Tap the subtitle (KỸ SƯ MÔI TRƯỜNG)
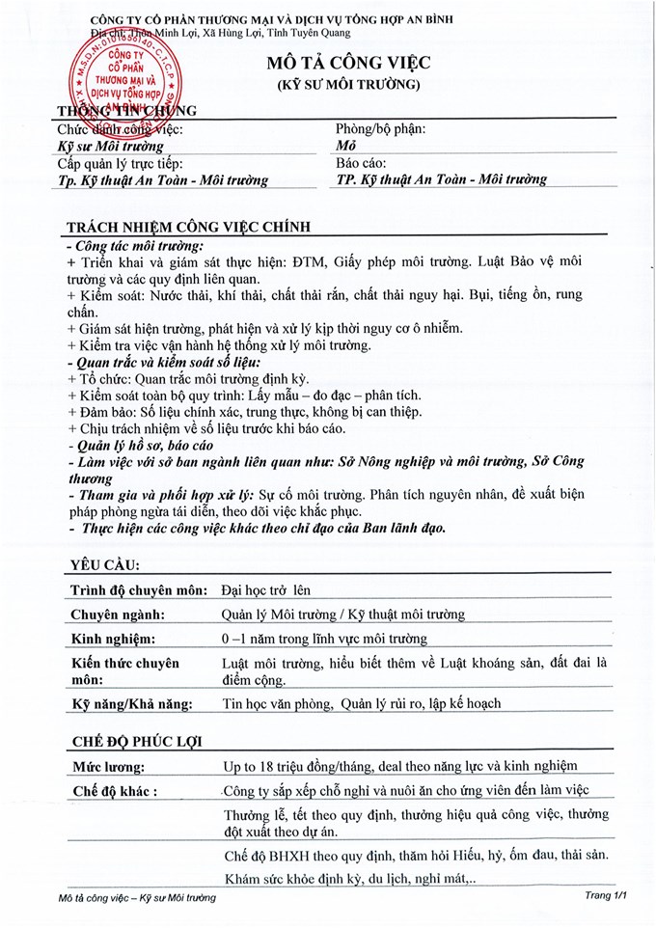click(349, 85)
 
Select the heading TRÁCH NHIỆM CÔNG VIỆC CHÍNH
click(188, 227)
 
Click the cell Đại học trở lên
click(266, 589)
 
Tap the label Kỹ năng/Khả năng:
click(133, 703)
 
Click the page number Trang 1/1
click(606, 897)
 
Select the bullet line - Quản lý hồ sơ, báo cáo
click(141, 446)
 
